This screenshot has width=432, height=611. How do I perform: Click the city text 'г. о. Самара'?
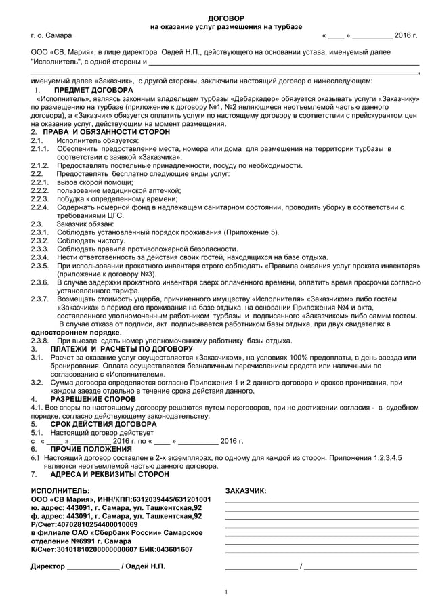[x=51, y=35]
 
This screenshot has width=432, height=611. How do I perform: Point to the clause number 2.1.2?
[x=41, y=165]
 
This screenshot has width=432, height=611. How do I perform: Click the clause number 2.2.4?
[x=41, y=207]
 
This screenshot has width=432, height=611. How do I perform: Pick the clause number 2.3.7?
[x=41, y=299]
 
